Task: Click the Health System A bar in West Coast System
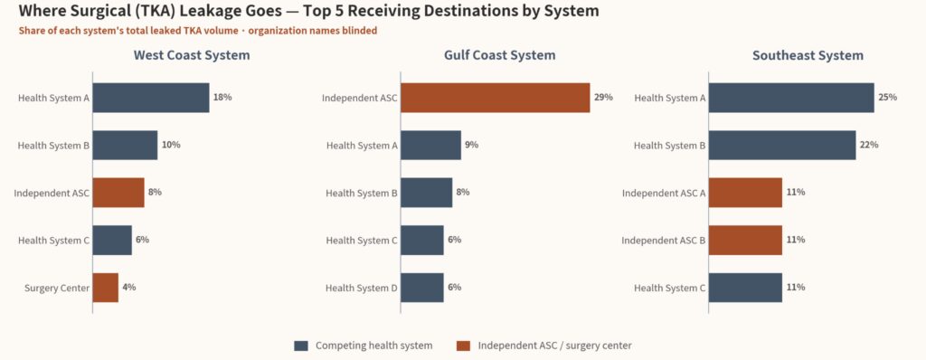[151, 98]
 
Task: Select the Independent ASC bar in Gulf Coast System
[495, 98]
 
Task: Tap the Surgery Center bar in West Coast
[105, 288]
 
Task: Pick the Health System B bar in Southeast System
[782, 146]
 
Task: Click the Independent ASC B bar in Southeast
[745, 240]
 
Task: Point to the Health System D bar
[421, 288]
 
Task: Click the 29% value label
[603, 98]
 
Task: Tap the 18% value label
[222, 98]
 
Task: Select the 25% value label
[888, 98]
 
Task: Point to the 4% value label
[128, 288]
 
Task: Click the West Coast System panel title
[192, 55]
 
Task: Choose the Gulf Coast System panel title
[499, 55]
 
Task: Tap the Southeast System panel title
[808, 55]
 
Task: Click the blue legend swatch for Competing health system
[301, 346]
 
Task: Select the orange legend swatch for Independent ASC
[464, 346]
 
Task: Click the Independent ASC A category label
[664, 194]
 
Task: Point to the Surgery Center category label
[57, 289]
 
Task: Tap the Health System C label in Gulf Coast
[362, 241]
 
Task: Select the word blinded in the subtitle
[359, 31]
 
